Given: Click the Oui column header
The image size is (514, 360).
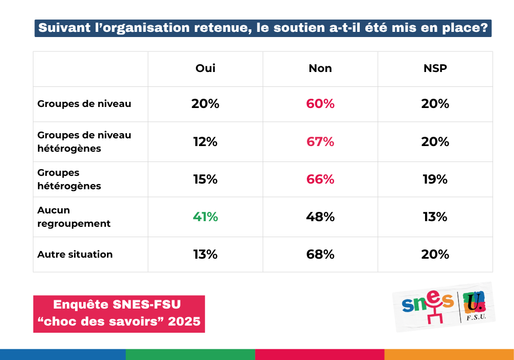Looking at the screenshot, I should (x=205, y=68).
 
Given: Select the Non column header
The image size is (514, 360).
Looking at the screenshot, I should (x=320, y=68).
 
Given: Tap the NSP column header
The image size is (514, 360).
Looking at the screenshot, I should (x=435, y=68).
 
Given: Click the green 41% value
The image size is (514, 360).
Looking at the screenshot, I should (x=205, y=217).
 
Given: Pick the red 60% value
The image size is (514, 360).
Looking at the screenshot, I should (x=320, y=104).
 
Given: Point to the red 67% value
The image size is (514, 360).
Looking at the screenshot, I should (x=320, y=141).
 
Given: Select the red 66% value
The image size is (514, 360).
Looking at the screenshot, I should (x=320, y=179).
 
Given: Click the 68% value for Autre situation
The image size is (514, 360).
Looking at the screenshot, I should (x=320, y=255).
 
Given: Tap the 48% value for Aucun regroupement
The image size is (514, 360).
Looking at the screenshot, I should (x=320, y=217).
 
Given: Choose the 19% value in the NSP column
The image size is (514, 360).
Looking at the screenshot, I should (x=435, y=179).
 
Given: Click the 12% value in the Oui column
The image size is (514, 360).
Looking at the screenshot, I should (x=205, y=141).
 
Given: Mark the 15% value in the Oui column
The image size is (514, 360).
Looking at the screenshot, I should (x=205, y=179).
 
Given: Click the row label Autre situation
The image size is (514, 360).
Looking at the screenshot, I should (x=75, y=255).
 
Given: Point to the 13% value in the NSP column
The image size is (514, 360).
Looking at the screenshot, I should (x=435, y=217).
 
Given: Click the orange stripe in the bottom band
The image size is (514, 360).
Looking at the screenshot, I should (x=449, y=354).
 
